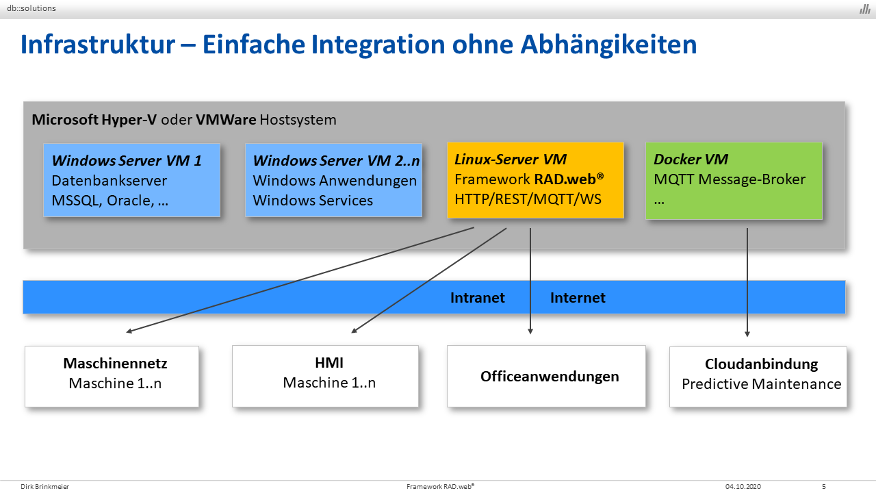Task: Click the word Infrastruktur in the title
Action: (x=98, y=45)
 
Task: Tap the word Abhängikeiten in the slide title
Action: (x=608, y=45)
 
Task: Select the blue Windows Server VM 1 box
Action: (x=132, y=180)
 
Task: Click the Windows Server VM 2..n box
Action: (x=333, y=180)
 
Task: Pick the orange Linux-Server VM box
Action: (x=535, y=180)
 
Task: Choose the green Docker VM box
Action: (x=734, y=180)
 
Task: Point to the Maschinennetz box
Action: (x=112, y=377)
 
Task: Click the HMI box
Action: (x=325, y=376)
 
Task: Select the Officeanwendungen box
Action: (x=546, y=376)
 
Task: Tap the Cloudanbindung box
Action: (x=758, y=377)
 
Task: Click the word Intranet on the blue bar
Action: (x=478, y=298)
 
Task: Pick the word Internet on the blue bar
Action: (x=578, y=298)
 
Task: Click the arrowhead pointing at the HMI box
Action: (x=354, y=331)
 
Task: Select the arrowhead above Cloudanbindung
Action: (x=747, y=334)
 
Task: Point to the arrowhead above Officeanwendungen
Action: (x=530, y=331)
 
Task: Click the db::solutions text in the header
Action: (x=31, y=8)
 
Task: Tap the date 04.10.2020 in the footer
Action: (x=743, y=486)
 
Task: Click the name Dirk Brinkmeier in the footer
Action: (x=44, y=486)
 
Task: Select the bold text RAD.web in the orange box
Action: (x=565, y=179)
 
